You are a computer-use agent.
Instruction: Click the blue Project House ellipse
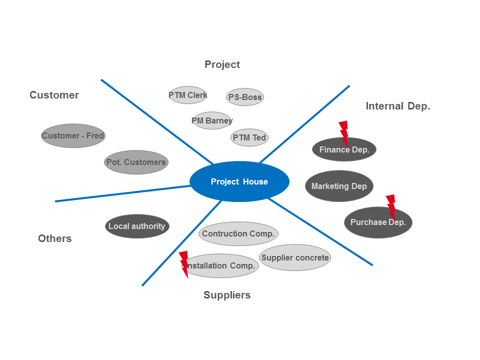(239, 181)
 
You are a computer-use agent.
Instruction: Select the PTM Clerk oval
(188, 95)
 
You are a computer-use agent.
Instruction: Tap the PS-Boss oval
(245, 97)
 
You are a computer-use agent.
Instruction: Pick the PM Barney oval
(212, 120)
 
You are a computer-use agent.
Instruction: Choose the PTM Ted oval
(249, 137)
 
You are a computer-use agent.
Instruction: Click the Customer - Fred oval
(73, 135)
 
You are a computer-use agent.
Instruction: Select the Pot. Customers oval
(136, 162)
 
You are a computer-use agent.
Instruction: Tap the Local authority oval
(137, 226)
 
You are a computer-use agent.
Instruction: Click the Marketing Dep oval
(339, 186)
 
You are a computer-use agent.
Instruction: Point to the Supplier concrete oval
(295, 257)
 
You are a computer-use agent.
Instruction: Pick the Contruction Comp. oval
(238, 233)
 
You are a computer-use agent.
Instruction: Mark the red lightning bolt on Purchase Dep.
(391, 206)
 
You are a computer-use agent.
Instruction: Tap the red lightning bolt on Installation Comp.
(184, 264)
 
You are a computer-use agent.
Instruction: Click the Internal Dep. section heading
(398, 106)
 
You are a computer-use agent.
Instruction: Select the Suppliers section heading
(227, 295)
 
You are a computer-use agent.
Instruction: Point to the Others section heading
(55, 238)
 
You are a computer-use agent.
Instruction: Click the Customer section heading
(54, 95)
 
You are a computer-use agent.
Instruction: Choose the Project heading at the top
(222, 64)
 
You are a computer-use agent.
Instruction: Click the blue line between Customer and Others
(122, 193)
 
